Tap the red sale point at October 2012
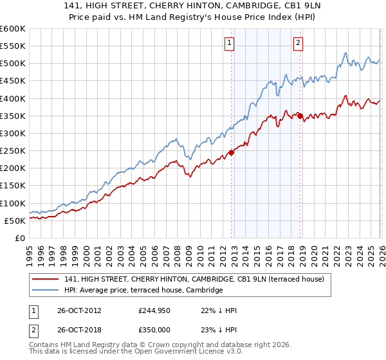point(232,153)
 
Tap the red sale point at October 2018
point(300,116)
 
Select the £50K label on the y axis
point(15,221)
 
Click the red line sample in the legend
point(46,278)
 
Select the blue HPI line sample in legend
point(46,290)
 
